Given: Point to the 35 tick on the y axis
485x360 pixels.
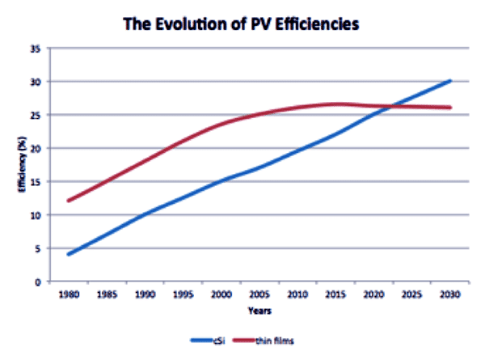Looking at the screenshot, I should pyautogui.click(x=35, y=49).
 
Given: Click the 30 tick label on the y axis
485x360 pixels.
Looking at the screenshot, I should pyautogui.click(x=35, y=82).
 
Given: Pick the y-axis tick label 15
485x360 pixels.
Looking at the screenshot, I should pyautogui.click(x=35, y=182).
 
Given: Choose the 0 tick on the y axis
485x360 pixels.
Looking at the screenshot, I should pyautogui.click(x=37, y=282).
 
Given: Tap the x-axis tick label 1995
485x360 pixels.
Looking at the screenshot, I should pyautogui.click(x=185, y=295).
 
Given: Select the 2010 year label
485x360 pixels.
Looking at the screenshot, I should pyautogui.click(x=298, y=295).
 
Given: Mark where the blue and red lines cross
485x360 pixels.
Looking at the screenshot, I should pyautogui.click(x=392, y=106).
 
